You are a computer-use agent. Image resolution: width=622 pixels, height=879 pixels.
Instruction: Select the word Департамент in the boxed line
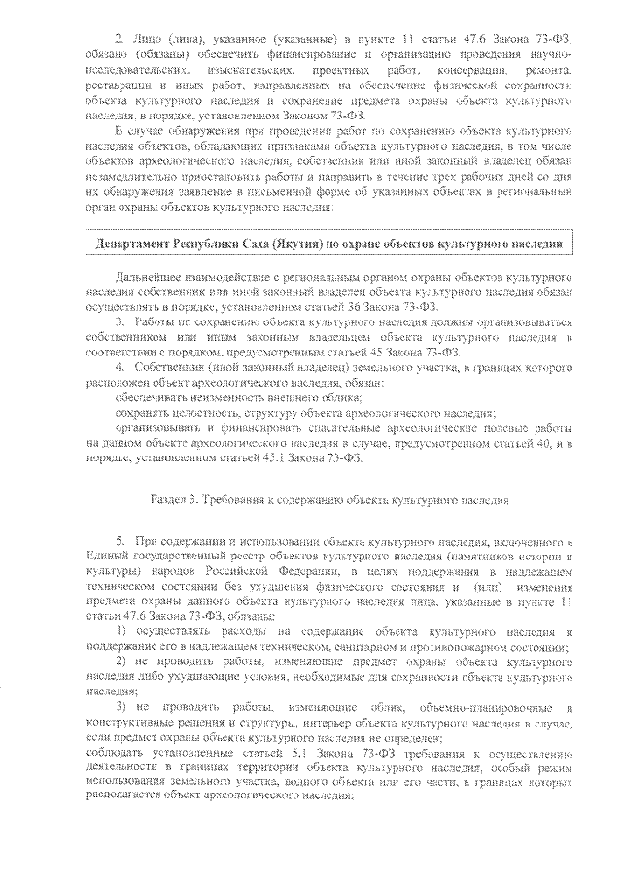point(131,243)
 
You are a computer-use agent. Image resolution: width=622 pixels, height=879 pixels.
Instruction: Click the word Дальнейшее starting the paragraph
point(151,276)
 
